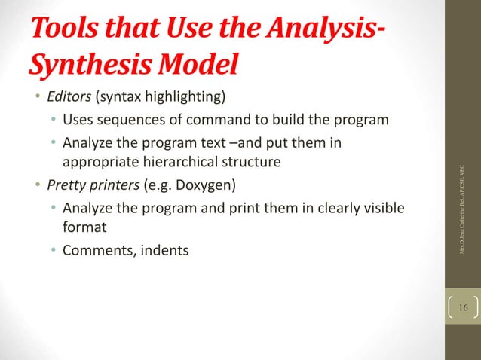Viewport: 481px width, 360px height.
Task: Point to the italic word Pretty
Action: [x=65, y=185]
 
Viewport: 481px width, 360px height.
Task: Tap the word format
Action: [x=84, y=226]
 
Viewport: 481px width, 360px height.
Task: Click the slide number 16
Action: [x=462, y=309]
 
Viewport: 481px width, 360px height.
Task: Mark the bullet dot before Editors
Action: [x=36, y=99]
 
